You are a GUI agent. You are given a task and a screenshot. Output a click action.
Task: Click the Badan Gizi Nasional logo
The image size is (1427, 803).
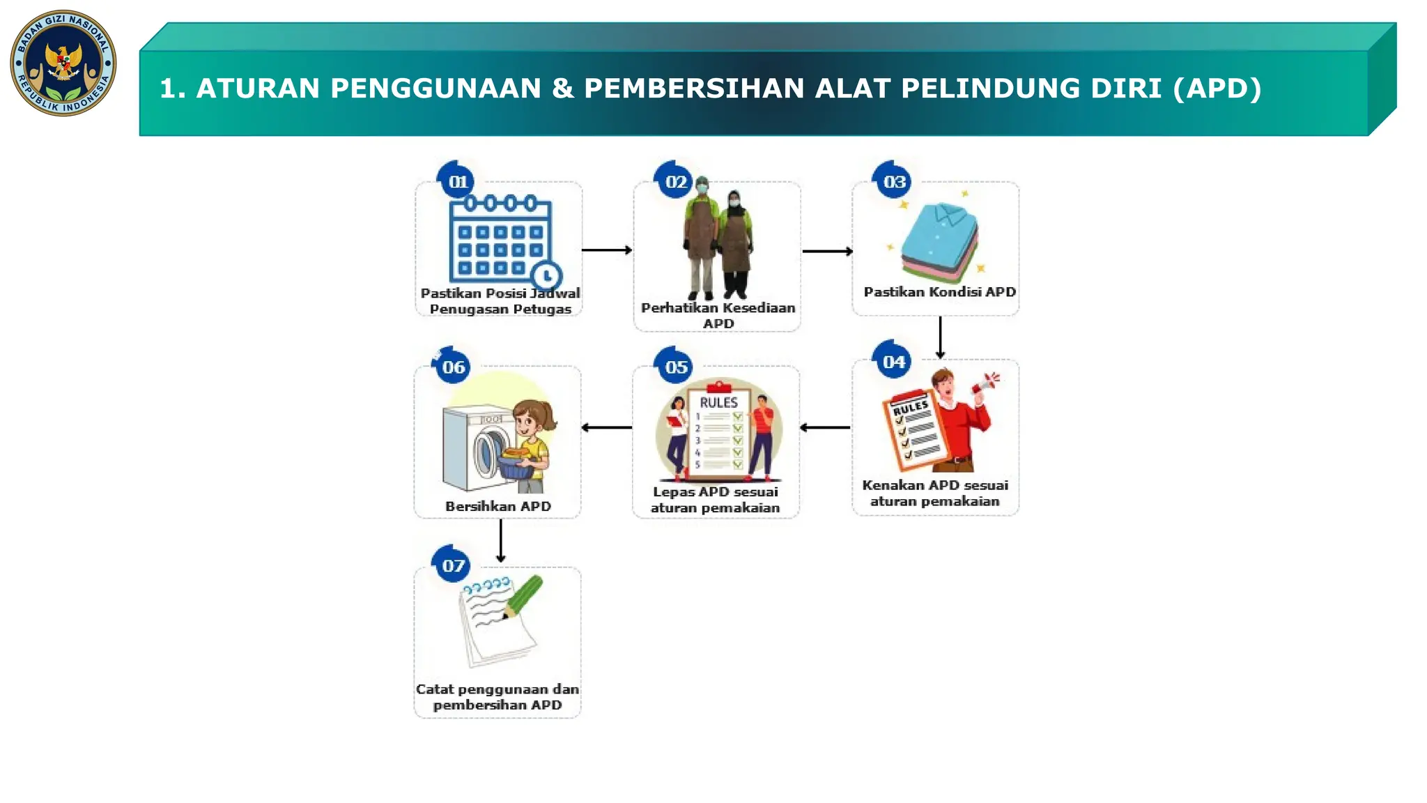click(x=63, y=63)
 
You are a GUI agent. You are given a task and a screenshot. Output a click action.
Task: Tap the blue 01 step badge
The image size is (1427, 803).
click(x=457, y=181)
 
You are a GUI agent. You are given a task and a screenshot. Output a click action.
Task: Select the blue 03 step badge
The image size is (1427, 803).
click(x=894, y=181)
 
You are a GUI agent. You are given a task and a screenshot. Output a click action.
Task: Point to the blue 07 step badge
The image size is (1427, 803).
click(x=453, y=565)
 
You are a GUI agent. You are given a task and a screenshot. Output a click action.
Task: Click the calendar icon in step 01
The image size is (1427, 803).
click(x=500, y=240)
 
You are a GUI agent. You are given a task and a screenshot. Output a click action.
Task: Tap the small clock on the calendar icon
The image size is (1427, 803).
click(x=547, y=275)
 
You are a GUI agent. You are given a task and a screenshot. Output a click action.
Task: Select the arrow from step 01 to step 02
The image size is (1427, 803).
click(x=607, y=250)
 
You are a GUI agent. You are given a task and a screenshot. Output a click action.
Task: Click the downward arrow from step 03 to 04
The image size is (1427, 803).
click(x=940, y=337)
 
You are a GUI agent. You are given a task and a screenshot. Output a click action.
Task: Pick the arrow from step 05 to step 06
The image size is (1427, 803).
click(x=606, y=427)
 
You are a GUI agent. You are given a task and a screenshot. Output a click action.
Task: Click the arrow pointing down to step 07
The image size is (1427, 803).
click(x=500, y=541)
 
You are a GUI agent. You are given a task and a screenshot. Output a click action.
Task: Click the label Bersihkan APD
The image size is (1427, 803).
click(x=497, y=506)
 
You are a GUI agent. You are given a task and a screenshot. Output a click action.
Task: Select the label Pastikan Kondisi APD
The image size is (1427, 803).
click(x=939, y=292)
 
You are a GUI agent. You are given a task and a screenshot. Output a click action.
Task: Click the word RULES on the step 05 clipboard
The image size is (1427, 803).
click(x=718, y=403)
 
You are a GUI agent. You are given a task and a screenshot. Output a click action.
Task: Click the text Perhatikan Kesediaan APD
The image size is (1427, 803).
click(x=718, y=315)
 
